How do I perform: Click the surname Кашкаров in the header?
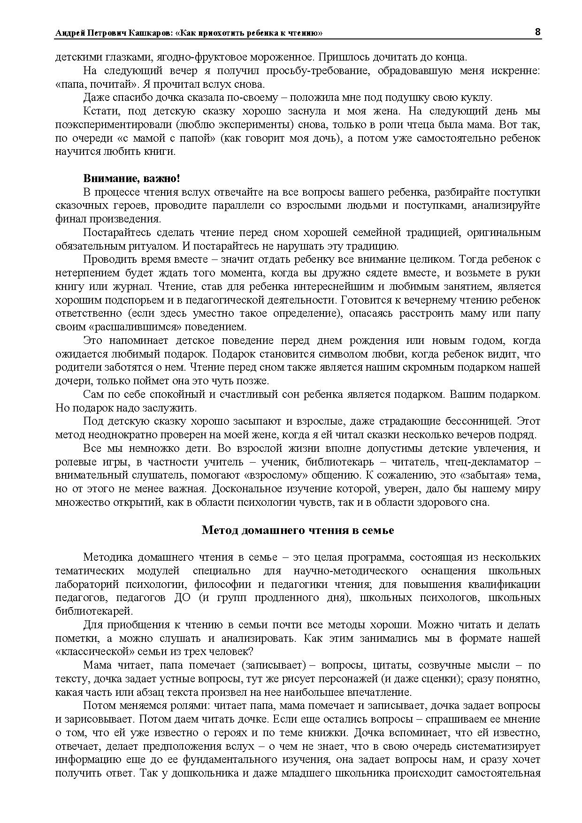click(x=151, y=33)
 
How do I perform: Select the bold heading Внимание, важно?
click(x=131, y=179)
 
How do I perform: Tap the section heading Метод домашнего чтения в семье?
click(x=298, y=530)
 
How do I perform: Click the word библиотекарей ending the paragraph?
click(x=94, y=611)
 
